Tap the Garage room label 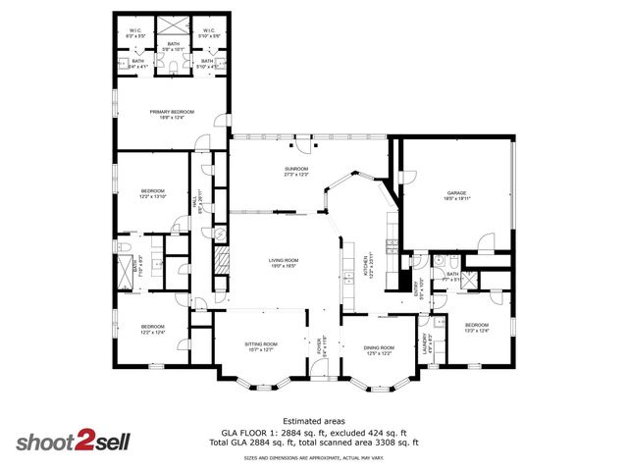pyautogui.click(x=455, y=194)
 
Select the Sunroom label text pyautogui.click(x=296, y=171)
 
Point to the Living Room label pyautogui.click(x=283, y=262)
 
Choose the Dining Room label pyautogui.click(x=379, y=348)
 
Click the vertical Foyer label pyautogui.click(x=320, y=348)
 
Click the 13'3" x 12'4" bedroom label pyautogui.click(x=476, y=327)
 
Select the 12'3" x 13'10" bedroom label pyautogui.click(x=152, y=194)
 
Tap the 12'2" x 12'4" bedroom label pyautogui.click(x=151, y=329)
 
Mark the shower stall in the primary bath pyautogui.click(x=173, y=26)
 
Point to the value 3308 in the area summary pyautogui.click(x=383, y=443)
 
